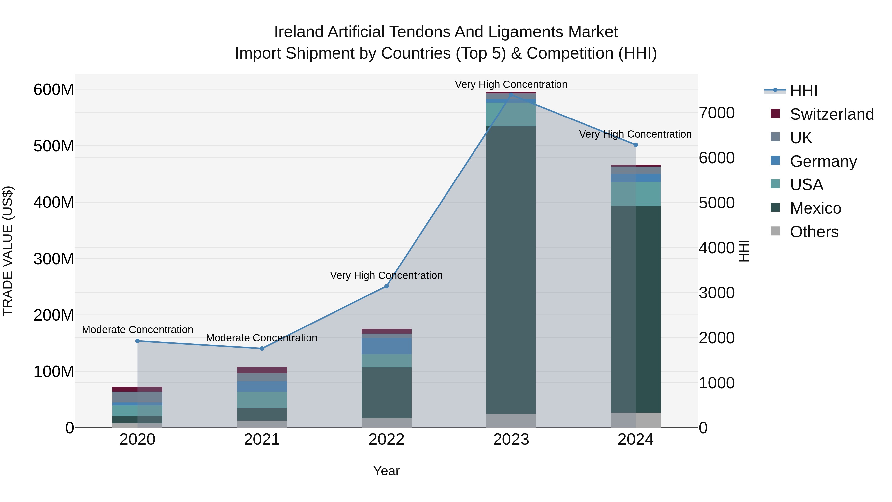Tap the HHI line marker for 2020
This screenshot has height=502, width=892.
coord(138,341)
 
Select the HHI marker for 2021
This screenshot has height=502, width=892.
coord(262,349)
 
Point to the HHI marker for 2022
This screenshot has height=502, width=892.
coord(387,286)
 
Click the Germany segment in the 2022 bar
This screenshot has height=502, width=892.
coord(387,346)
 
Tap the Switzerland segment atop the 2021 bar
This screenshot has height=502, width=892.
coord(262,370)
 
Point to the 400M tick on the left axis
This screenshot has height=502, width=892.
coord(54,202)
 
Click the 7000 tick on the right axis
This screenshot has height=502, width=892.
coord(716,113)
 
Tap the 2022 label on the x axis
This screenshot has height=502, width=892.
coord(387,440)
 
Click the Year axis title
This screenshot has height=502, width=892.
coord(387,471)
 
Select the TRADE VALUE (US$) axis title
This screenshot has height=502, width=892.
coord(8,251)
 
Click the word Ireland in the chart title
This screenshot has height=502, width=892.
coord(299,32)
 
